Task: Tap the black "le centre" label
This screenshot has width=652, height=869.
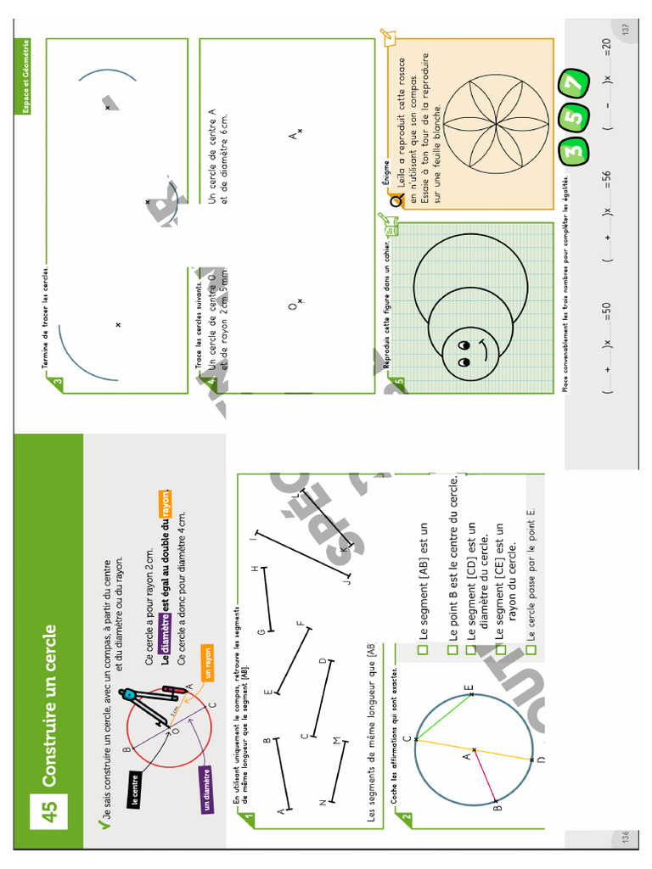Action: point(136,788)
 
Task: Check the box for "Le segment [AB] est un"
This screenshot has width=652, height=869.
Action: point(423,650)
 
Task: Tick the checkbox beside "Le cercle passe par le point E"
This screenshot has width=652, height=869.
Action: point(531,650)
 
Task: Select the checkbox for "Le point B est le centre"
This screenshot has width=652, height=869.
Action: point(452,650)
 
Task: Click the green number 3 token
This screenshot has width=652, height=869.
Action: point(575,151)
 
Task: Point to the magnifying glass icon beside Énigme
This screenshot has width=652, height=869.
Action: point(396,200)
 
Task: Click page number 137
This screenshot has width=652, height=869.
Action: point(626,28)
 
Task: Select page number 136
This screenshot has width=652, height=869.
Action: point(626,838)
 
